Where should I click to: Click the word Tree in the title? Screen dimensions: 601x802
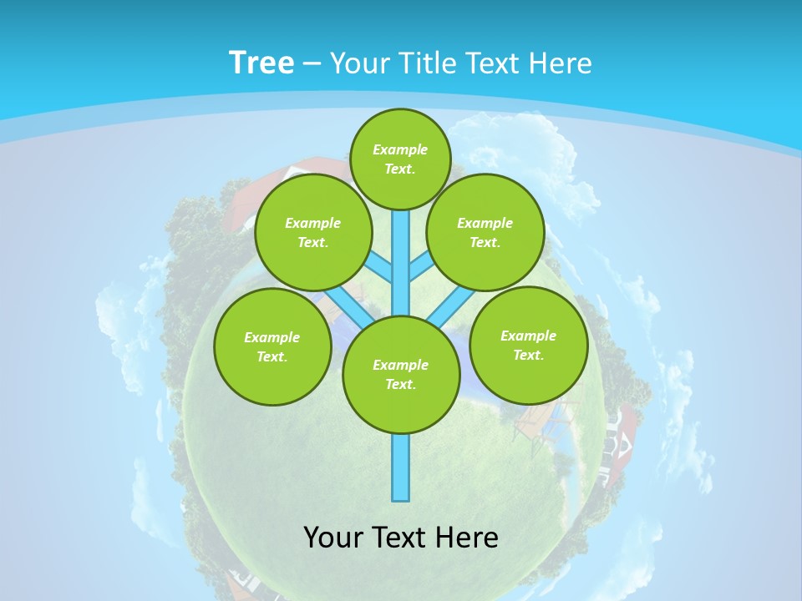(x=261, y=63)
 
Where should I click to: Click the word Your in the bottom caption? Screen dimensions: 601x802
(x=333, y=538)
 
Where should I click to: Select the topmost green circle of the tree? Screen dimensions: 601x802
(x=400, y=159)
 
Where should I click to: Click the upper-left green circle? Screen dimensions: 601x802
(x=313, y=232)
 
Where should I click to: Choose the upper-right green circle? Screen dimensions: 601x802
(x=485, y=232)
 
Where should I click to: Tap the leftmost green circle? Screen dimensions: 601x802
(x=272, y=346)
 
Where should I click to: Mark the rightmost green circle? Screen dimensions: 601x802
(x=528, y=345)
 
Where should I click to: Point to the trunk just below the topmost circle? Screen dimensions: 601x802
(x=401, y=230)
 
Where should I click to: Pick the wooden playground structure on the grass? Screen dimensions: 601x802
(x=539, y=422)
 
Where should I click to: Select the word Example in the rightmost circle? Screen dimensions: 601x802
(x=528, y=336)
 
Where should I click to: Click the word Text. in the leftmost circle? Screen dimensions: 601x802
(x=272, y=356)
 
